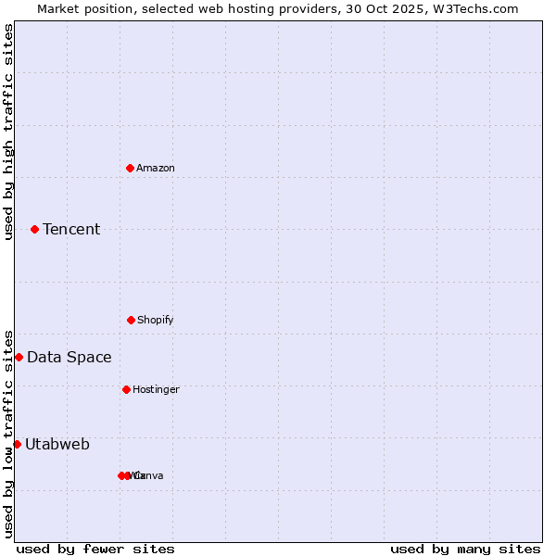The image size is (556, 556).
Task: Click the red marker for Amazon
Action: click(130, 168)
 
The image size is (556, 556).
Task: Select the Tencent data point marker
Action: click(34, 229)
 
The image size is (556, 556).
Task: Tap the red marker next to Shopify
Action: click(131, 320)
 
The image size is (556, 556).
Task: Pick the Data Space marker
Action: click(19, 357)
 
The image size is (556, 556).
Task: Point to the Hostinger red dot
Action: click(126, 389)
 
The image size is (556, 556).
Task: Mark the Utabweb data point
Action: click(17, 444)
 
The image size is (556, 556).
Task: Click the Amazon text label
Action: click(156, 168)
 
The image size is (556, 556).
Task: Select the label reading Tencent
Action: click(71, 229)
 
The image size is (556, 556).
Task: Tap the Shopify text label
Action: click(156, 320)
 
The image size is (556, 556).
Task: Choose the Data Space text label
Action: click(69, 357)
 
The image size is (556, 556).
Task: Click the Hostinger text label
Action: click(156, 389)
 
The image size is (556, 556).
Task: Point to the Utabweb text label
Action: click(57, 444)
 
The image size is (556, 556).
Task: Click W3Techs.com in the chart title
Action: click(475, 8)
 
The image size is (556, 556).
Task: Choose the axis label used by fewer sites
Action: click(95, 549)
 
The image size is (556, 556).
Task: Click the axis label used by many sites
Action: click(465, 549)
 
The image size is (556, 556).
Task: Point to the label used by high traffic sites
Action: click(8, 132)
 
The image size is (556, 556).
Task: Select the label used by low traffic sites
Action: click(8, 434)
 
